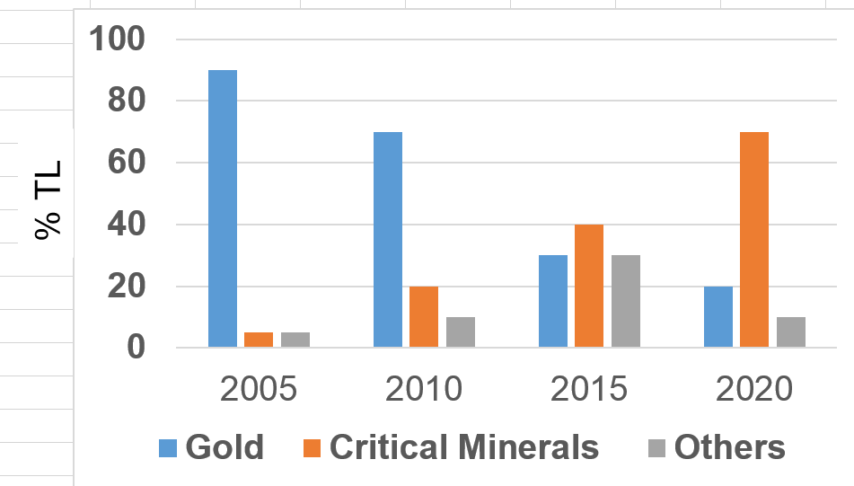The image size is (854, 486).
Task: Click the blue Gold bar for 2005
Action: click(x=223, y=208)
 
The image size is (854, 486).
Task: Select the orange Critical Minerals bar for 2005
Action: click(x=259, y=340)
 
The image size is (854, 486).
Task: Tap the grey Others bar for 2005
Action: click(x=295, y=340)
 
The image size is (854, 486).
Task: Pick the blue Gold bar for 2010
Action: click(x=388, y=239)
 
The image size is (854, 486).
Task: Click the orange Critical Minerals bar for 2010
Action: click(x=424, y=316)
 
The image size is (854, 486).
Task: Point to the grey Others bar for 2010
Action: click(x=461, y=331)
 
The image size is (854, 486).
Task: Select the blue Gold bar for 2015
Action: click(x=553, y=301)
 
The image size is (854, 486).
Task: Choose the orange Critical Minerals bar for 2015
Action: click(x=589, y=286)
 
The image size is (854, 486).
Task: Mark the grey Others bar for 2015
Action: click(x=626, y=301)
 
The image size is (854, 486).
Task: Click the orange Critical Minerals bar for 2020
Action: click(x=754, y=239)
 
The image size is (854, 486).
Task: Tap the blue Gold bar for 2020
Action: click(x=718, y=316)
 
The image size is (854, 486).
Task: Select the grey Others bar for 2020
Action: click(x=791, y=331)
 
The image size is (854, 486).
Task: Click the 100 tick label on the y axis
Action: click(x=118, y=40)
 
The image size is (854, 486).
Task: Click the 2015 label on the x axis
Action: click(x=589, y=390)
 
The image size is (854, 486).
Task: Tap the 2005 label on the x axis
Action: click(x=259, y=390)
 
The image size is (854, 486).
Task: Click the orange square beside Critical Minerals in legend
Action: click(x=313, y=447)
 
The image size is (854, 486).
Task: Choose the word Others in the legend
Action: click(x=729, y=446)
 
